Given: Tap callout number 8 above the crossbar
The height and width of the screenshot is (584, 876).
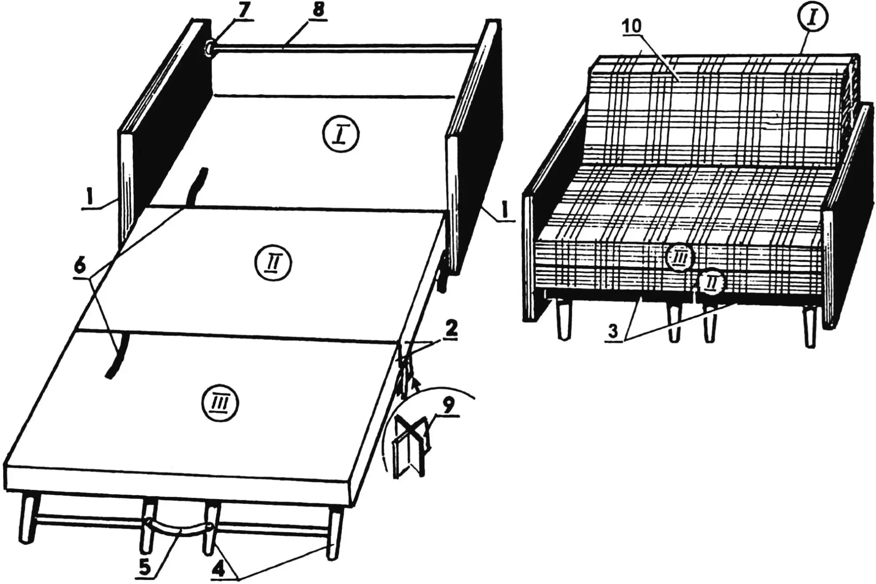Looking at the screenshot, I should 318,12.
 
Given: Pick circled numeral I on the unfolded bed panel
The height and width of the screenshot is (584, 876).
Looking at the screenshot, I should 340,134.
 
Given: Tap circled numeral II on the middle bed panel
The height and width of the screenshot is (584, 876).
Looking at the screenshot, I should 273,264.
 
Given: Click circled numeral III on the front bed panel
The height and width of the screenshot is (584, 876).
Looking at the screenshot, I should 220,403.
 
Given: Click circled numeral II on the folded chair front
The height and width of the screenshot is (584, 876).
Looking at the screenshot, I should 710,282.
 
